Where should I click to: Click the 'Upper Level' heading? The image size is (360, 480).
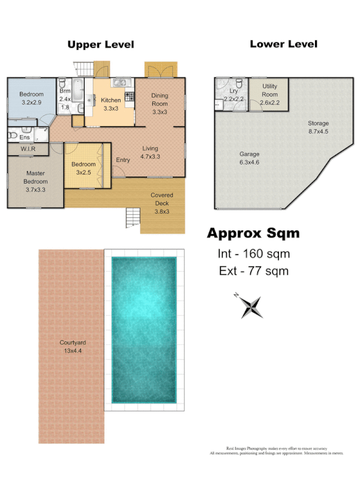pyautogui.click(x=100, y=44)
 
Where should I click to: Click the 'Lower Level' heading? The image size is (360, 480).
pyautogui.click(x=283, y=44)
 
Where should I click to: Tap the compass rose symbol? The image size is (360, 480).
pyautogui.click(x=251, y=307)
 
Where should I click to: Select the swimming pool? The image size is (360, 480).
pyautogui.click(x=144, y=329)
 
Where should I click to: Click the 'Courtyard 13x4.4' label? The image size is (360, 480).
pyautogui.click(x=70, y=347)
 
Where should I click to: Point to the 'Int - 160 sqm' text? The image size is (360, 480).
pyautogui.click(x=253, y=254)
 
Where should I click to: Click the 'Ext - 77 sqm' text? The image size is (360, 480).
pyautogui.click(x=253, y=271)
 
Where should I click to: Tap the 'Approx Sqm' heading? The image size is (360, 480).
pyautogui.click(x=253, y=233)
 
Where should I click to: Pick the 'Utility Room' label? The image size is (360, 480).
pyautogui.click(x=269, y=98)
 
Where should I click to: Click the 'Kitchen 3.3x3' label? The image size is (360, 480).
pyautogui.click(x=110, y=104)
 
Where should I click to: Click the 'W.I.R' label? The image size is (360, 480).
pyautogui.click(x=27, y=148)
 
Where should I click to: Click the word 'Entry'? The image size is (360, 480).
pyautogui.click(x=122, y=160)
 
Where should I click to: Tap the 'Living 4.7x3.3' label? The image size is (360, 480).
pyautogui.click(x=150, y=152)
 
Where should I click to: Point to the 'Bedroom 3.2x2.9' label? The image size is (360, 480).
pyautogui.click(x=31, y=98)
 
